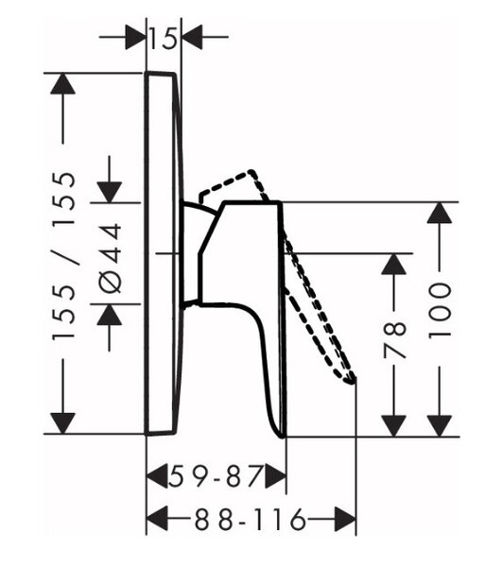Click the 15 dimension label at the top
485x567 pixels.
pyautogui.click(x=164, y=37)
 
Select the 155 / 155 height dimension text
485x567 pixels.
pyautogui.click(x=64, y=256)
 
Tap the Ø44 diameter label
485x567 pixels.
pyautogui.click(x=110, y=258)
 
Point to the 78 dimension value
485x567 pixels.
pyautogui.click(x=394, y=340)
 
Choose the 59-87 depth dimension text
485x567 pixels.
pyautogui.click(x=216, y=476)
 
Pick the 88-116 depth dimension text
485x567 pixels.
pyautogui.click(x=251, y=519)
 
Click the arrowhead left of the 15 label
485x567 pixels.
pyautogui.click(x=135, y=37)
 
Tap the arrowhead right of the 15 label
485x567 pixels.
pyautogui.click(x=192, y=37)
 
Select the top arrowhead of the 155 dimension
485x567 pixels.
pyautogui.click(x=63, y=84)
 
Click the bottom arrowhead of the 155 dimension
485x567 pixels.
pyautogui.click(x=63, y=423)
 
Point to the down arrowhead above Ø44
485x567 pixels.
pyautogui.click(x=110, y=192)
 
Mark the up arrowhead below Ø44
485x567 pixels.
pyautogui.click(x=110, y=315)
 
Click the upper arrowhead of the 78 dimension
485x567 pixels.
pyautogui.click(x=394, y=264)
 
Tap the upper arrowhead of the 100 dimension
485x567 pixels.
pyautogui.click(x=440, y=213)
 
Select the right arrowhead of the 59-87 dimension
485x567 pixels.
pyautogui.click(x=276, y=476)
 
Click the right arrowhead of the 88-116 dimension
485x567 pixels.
pyautogui.click(x=346, y=519)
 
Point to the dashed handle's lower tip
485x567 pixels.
pyautogui.click(x=352, y=381)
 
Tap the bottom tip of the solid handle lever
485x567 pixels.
pyautogui.click(x=284, y=436)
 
